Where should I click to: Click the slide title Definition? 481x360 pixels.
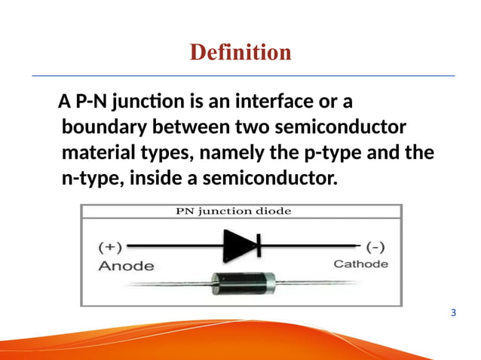point(240,52)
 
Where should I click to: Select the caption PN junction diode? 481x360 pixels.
point(240,212)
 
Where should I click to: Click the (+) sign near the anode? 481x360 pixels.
point(112,246)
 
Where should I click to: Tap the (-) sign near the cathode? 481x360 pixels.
point(375,246)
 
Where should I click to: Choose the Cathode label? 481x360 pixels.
point(361,264)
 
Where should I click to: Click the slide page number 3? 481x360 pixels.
point(452,312)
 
